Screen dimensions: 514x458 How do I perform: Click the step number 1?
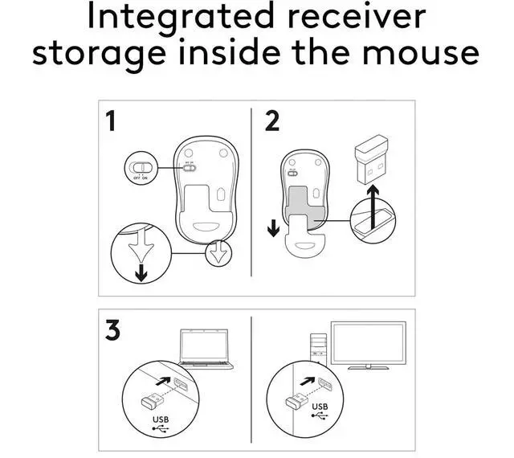pos(112,122)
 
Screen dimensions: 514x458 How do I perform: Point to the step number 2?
pos(272,122)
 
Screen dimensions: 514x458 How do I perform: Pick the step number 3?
pos(112,330)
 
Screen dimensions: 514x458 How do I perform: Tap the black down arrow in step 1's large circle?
pos(141,272)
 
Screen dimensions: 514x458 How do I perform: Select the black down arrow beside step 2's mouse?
pos(274,227)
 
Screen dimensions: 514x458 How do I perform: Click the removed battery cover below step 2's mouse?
pos(304,243)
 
